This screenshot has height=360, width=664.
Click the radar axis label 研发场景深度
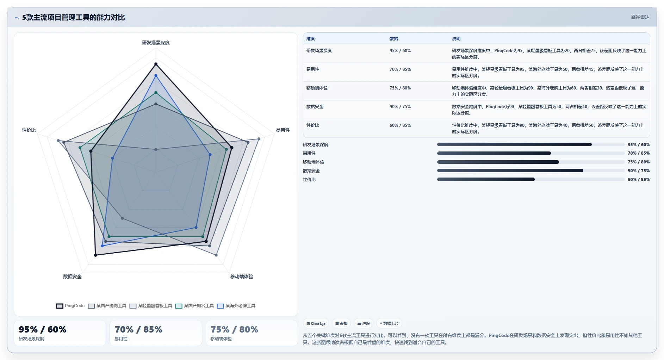156,43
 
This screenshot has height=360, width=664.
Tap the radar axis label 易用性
283,130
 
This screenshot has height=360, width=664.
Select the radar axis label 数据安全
72,277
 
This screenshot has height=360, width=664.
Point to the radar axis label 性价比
29,130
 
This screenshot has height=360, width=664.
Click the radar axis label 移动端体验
242,277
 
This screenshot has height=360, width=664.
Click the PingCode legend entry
70,306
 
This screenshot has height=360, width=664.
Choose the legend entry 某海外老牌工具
236,306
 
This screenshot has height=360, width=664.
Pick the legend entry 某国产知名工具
195,306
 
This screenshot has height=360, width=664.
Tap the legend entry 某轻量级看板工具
151,306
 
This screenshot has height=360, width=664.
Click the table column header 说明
456,39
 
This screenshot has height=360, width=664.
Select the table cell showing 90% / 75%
400,107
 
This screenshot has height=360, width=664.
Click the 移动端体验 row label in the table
317,88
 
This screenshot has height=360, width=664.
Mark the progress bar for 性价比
531,179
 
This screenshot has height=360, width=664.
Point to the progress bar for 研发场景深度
531,144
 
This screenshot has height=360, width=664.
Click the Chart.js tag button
316,323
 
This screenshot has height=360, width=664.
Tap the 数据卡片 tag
389,323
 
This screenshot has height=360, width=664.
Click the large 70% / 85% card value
138,329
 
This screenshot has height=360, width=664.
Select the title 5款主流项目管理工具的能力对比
73,17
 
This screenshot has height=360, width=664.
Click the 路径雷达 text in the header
640,17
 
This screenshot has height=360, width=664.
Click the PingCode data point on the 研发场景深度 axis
156,64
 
